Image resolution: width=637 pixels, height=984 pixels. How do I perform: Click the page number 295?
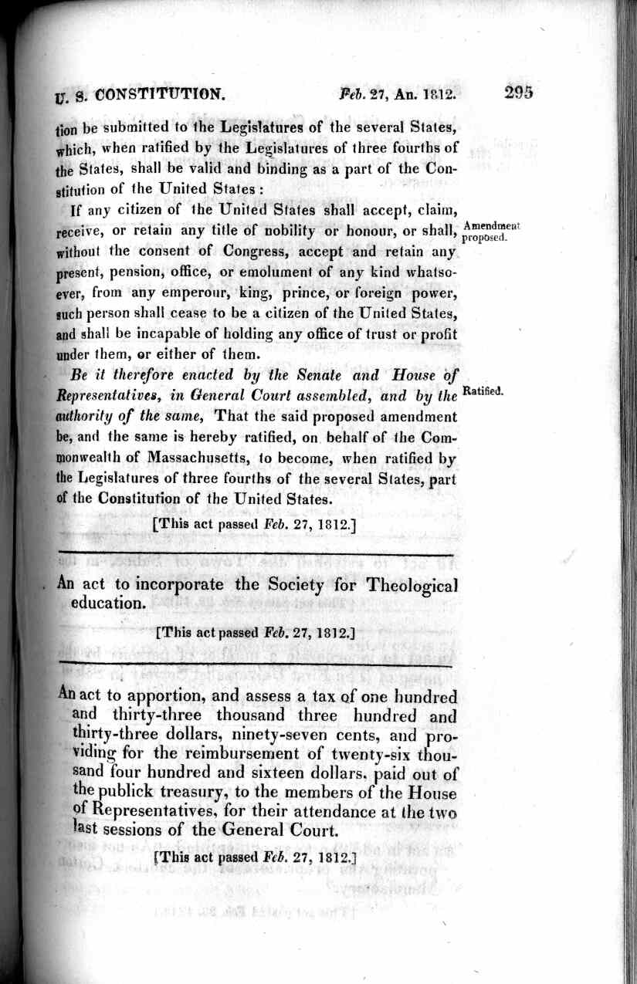click(x=519, y=93)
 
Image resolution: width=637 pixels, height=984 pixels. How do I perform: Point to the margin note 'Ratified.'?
click(x=483, y=392)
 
